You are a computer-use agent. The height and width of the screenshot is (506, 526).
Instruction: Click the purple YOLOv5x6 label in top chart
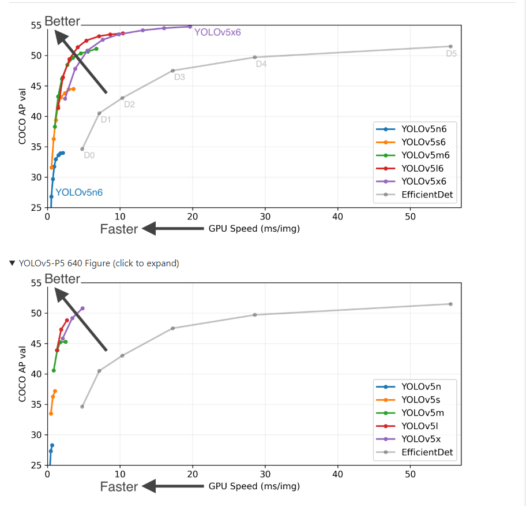(217, 32)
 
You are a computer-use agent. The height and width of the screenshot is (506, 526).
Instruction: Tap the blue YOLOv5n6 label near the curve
(79, 192)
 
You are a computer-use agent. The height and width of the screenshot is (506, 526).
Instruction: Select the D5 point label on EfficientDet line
(451, 54)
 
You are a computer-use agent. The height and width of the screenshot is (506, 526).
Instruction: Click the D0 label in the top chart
(89, 155)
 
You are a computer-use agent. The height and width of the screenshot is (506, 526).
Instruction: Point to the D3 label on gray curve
(179, 77)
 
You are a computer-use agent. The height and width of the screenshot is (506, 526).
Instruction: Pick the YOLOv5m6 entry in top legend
(425, 155)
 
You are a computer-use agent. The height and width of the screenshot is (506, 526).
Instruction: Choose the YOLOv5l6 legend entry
(422, 168)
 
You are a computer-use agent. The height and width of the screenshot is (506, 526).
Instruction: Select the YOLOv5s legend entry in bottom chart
(422, 399)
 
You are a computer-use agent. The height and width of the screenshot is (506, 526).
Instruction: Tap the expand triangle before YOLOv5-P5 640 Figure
(13, 263)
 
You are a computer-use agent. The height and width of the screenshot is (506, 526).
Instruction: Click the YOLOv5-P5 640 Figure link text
(99, 263)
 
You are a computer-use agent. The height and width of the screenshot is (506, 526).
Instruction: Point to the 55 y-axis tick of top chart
(36, 25)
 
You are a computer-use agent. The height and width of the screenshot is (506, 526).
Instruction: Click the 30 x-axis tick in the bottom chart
(265, 474)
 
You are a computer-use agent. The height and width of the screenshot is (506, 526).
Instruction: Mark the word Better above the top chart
(62, 21)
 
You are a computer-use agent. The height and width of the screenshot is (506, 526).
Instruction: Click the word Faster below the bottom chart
(119, 486)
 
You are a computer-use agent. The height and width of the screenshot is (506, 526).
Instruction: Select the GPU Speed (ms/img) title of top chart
(254, 229)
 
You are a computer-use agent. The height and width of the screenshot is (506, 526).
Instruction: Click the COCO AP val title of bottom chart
(22, 374)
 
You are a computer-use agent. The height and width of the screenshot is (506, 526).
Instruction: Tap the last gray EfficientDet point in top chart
(450, 46)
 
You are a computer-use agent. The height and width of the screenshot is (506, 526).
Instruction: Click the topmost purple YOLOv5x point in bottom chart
(82, 308)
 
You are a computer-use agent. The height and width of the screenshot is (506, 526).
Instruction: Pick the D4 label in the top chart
(261, 64)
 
